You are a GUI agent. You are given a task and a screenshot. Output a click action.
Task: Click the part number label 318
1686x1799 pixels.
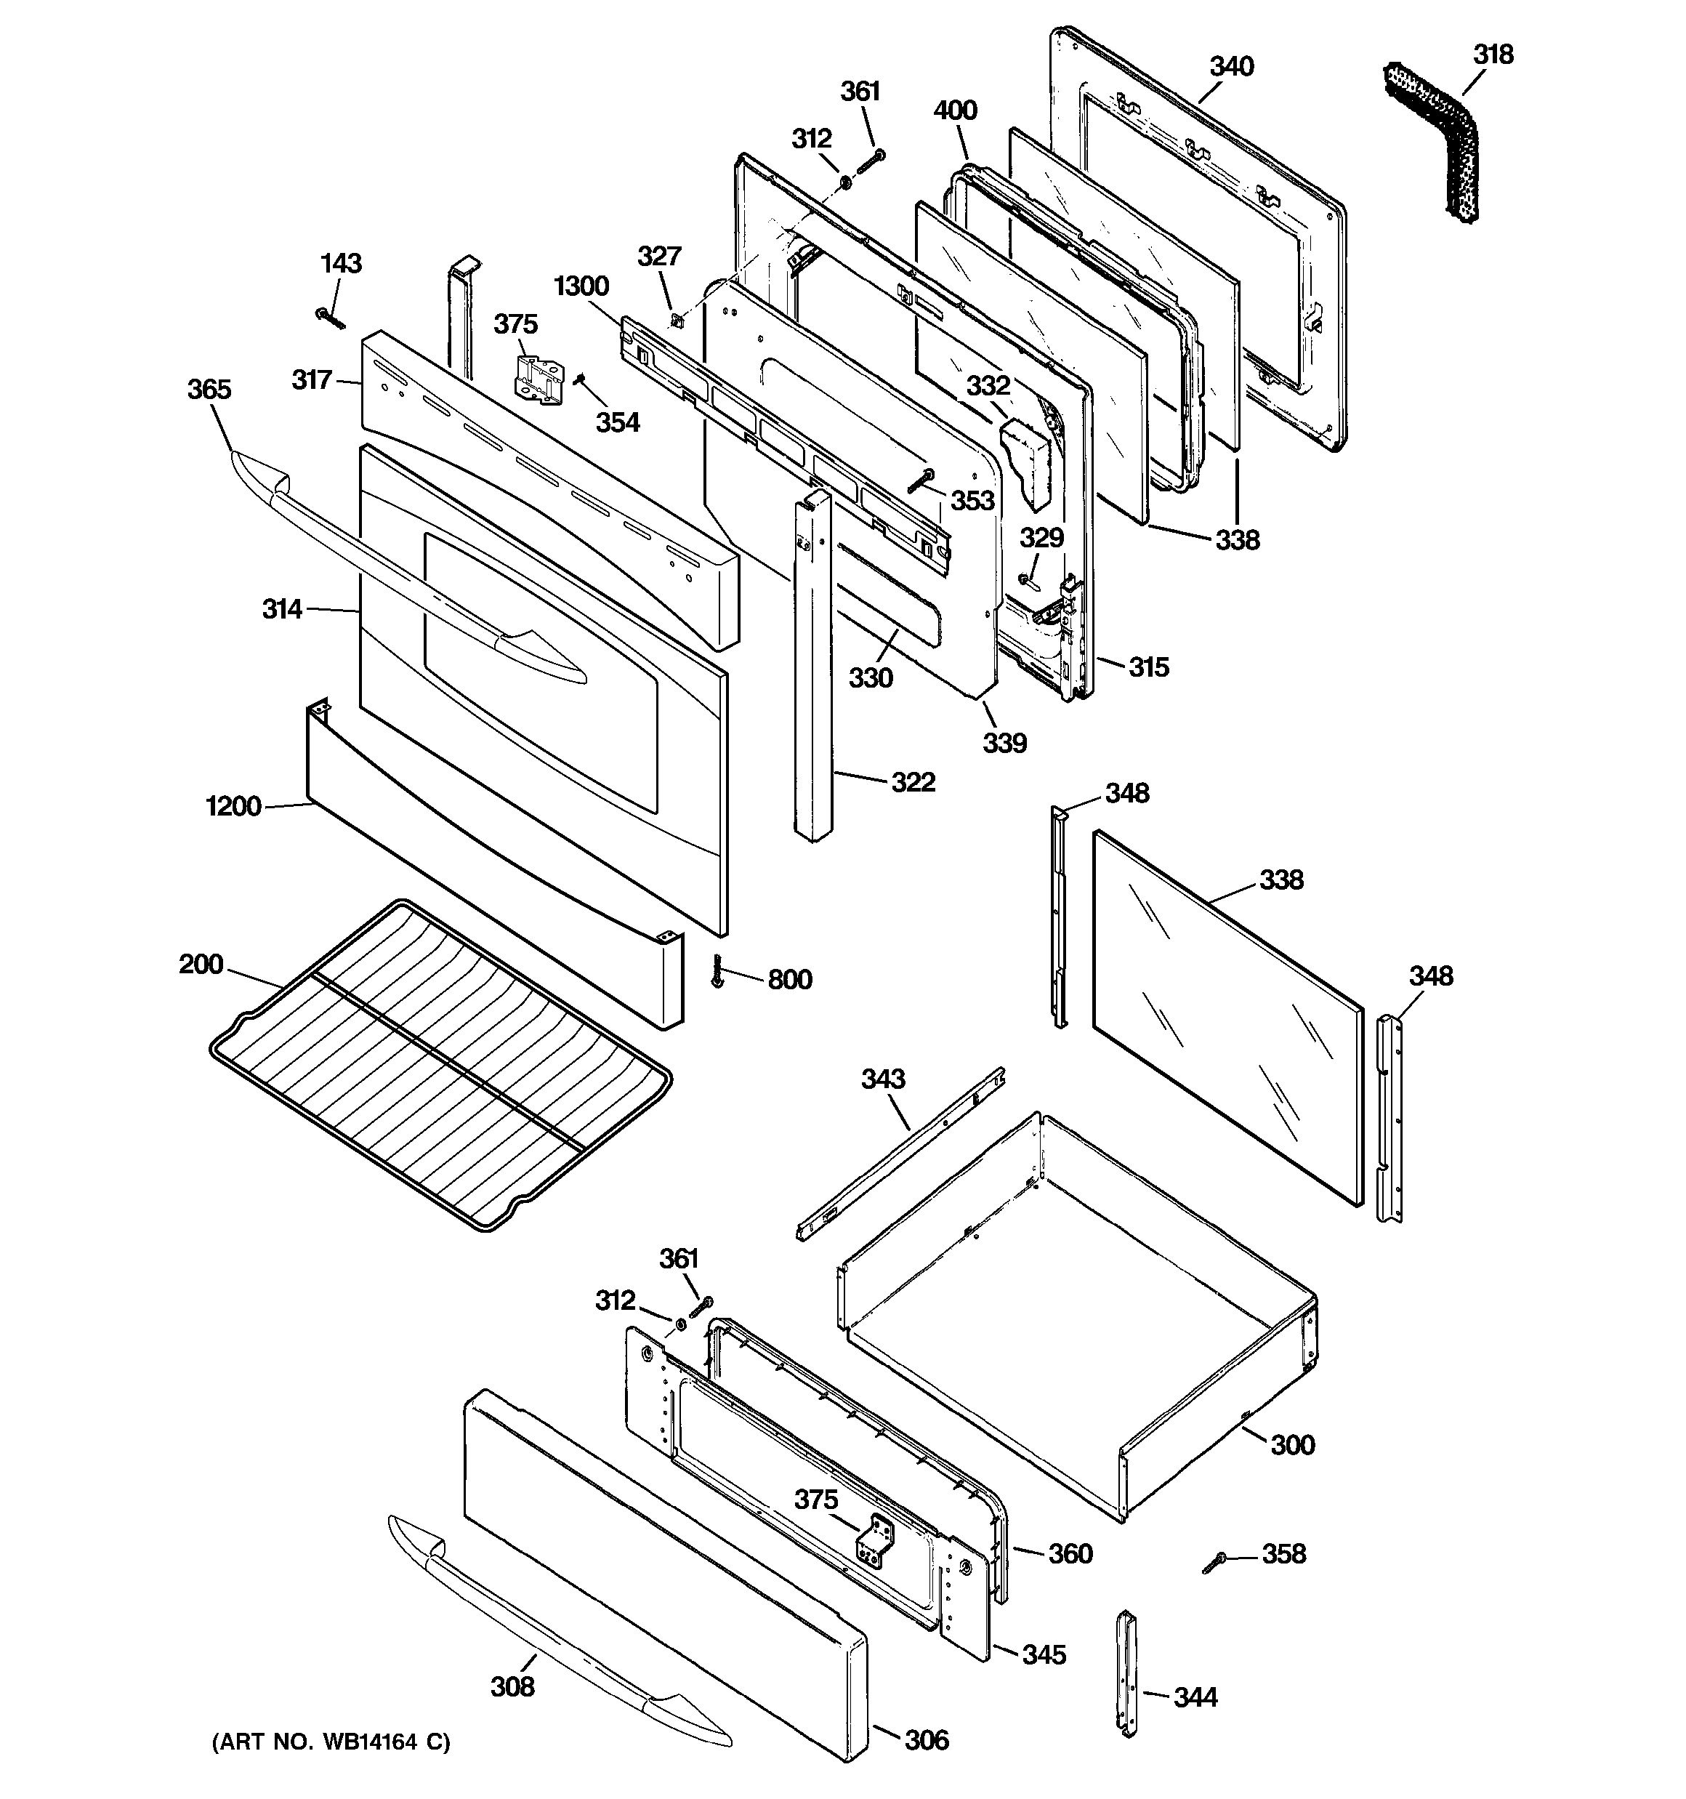(x=1493, y=55)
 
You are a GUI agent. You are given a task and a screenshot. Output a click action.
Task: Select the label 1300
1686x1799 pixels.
(x=581, y=287)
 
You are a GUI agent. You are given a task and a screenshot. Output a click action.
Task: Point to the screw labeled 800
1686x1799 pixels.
(x=719, y=971)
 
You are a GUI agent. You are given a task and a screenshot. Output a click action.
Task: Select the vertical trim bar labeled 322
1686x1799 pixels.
(x=812, y=669)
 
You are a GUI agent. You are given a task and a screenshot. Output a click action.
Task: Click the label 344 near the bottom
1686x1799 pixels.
(x=1195, y=1697)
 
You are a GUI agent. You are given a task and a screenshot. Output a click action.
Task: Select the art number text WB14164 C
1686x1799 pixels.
(x=331, y=1742)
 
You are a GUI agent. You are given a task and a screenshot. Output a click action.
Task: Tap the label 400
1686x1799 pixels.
(x=955, y=110)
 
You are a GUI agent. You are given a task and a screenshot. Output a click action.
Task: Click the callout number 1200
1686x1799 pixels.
(x=233, y=806)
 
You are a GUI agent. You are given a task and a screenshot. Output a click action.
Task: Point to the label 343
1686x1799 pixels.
(x=882, y=1079)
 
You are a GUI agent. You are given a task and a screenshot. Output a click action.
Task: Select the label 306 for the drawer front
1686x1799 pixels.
(x=927, y=1739)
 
